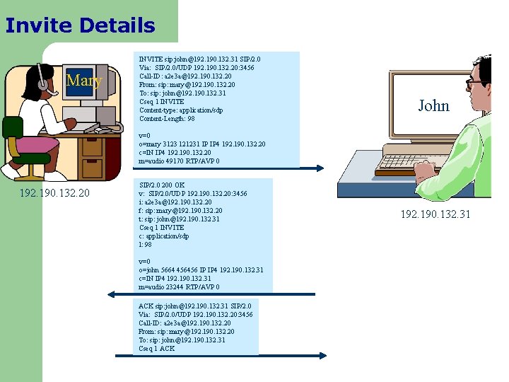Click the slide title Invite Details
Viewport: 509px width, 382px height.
(x=80, y=26)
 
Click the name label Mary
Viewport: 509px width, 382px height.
(x=83, y=81)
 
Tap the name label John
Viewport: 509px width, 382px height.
(x=433, y=106)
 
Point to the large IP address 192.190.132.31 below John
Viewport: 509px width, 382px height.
(x=435, y=214)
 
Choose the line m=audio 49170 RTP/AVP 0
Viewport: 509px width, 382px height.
(x=179, y=161)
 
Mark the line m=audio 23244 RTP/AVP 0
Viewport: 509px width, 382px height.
(x=179, y=287)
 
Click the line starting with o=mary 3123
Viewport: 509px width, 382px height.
(x=201, y=144)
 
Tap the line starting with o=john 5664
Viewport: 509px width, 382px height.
(x=201, y=270)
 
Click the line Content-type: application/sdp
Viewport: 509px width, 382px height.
(x=181, y=110)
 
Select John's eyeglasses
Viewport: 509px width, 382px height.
(x=474, y=83)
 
